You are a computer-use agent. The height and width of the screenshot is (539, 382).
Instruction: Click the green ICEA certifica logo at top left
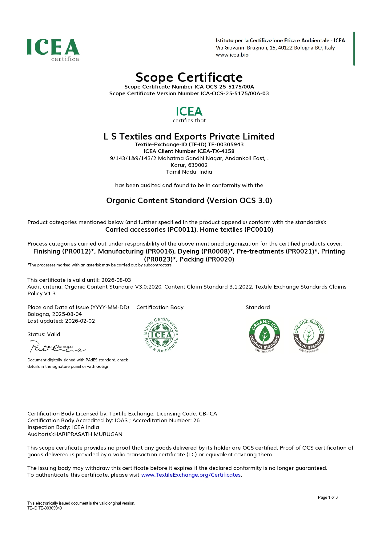53,49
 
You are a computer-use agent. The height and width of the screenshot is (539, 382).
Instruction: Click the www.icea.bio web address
232,55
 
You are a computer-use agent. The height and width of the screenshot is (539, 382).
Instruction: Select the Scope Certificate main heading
189,77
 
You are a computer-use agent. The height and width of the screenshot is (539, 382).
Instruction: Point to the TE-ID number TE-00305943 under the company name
226,144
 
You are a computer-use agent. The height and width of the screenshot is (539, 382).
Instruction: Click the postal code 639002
198,165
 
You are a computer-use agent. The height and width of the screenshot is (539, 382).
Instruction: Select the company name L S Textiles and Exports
189,136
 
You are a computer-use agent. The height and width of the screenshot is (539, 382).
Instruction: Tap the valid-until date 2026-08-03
116,280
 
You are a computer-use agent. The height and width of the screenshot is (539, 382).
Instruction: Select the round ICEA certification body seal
161,335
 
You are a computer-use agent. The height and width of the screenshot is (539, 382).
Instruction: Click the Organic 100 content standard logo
265,336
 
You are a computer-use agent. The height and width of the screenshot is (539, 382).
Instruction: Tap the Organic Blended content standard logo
309,336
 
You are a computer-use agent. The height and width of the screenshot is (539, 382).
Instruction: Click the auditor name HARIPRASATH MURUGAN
88,434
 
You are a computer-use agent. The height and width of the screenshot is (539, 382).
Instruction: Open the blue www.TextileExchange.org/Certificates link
191,475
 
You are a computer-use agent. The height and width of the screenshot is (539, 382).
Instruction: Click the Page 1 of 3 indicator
328,497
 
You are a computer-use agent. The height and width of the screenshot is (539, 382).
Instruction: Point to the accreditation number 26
196,420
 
